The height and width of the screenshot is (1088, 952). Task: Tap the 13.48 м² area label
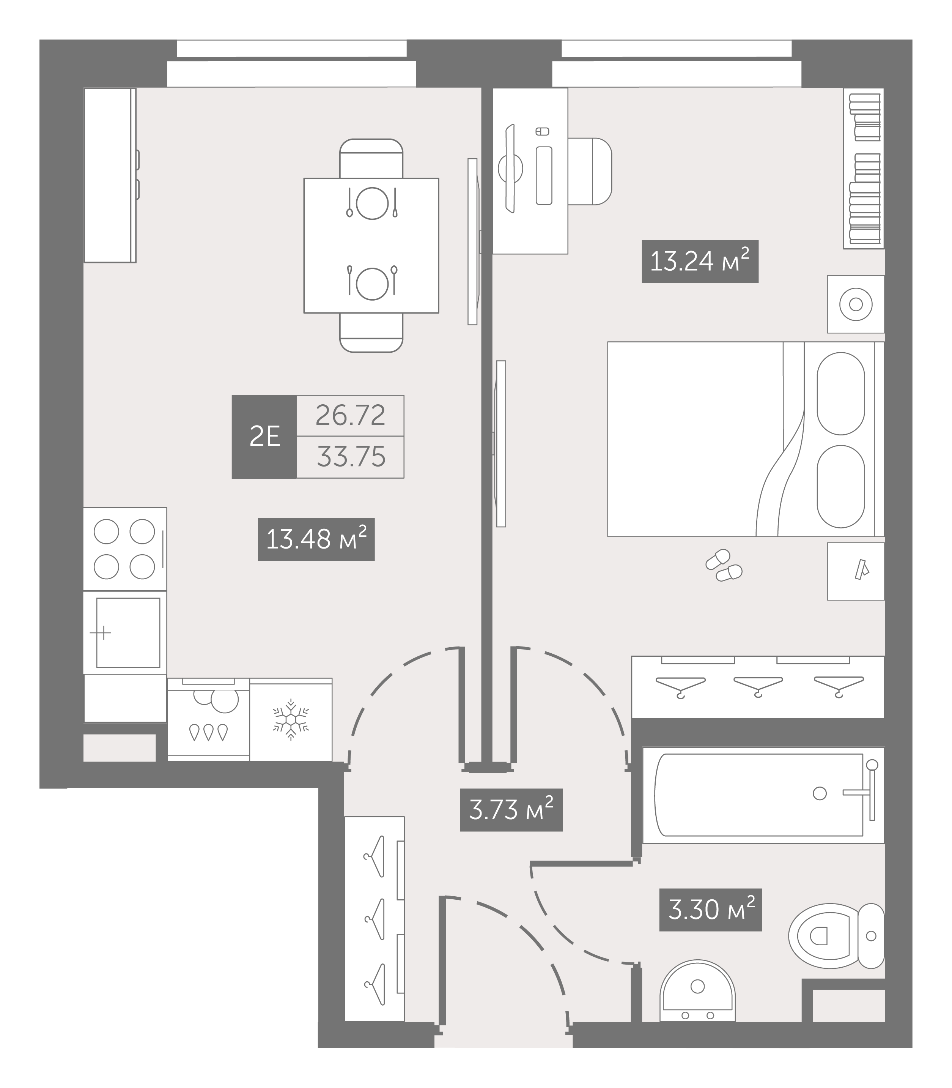[x=316, y=539]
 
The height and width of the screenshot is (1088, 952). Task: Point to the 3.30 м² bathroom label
[x=711, y=910]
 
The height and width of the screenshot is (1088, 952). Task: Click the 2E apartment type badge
[x=264, y=436]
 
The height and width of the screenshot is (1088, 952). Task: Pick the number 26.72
[x=350, y=415]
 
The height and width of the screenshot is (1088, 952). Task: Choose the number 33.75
[x=351, y=457]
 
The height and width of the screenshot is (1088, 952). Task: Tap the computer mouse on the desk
[x=542, y=131]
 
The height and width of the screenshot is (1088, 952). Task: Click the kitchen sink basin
[x=128, y=632]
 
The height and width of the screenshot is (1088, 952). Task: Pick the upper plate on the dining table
[x=372, y=203]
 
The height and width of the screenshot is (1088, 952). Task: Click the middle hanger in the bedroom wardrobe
[x=758, y=686]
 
